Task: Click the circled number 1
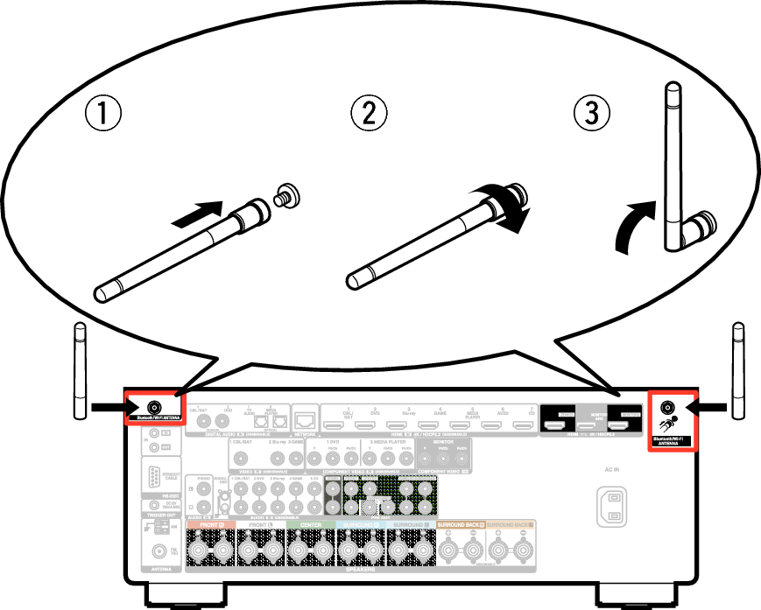[102, 113]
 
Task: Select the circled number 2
[369, 113]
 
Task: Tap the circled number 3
[592, 113]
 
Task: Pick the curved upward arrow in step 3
[633, 227]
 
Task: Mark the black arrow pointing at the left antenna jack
[109, 407]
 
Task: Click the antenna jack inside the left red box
[155, 407]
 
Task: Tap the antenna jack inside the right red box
[666, 407]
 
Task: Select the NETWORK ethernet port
[305, 419]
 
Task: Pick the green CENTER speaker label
[310, 524]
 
